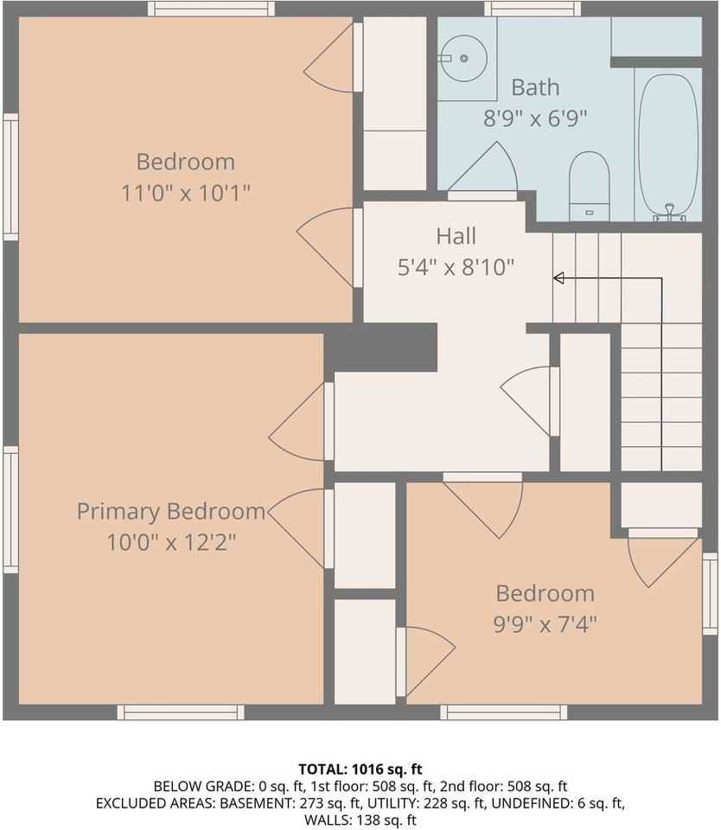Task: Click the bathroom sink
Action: pyautogui.click(x=464, y=58)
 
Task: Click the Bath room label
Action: pyautogui.click(x=535, y=87)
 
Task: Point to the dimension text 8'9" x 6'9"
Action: pyautogui.click(x=535, y=118)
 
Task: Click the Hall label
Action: pyautogui.click(x=456, y=235)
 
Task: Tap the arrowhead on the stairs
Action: pyautogui.click(x=558, y=278)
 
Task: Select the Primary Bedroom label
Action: pyautogui.click(x=171, y=511)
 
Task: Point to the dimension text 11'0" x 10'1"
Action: pyautogui.click(x=186, y=192)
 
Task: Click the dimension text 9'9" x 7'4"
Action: pyautogui.click(x=546, y=623)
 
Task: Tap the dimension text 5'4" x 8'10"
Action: pyautogui.click(x=456, y=266)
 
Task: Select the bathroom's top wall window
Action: pyautogui.click(x=532, y=9)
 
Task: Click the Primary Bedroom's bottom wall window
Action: pyautogui.click(x=181, y=712)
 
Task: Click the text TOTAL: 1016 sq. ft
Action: pyautogui.click(x=360, y=769)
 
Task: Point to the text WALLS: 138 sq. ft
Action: pyautogui.click(x=360, y=819)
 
